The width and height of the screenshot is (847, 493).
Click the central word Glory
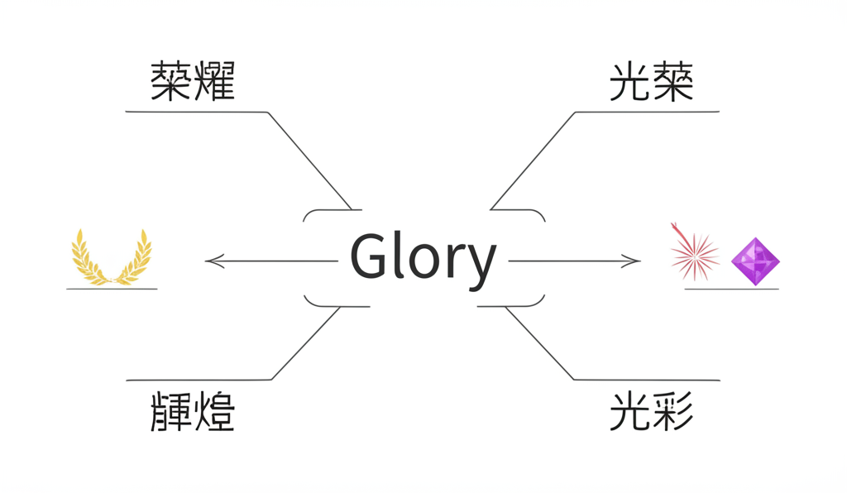click(x=423, y=257)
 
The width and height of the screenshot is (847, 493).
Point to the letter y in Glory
click(x=480, y=262)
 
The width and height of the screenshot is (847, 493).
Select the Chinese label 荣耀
click(x=193, y=82)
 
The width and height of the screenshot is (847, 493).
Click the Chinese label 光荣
click(x=651, y=82)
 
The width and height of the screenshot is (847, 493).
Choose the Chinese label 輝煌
click(x=193, y=410)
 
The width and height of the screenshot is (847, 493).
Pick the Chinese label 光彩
click(x=651, y=410)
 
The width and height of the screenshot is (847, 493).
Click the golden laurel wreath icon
click(x=112, y=257)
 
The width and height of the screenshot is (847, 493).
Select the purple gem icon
click(x=754, y=261)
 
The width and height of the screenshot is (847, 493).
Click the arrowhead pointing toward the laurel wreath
click(x=213, y=261)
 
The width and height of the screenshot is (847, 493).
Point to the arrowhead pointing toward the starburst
click(x=633, y=261)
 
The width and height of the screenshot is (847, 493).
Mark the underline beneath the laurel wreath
click(x=112, y=289)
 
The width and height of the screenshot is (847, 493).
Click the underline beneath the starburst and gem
click(x=731, y=289)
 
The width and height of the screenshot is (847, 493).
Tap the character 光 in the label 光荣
click(x=629, y=82)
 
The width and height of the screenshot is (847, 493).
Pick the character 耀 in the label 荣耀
click(x=214, y=82)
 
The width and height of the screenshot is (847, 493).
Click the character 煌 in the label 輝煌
click(x=214, y=410)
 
